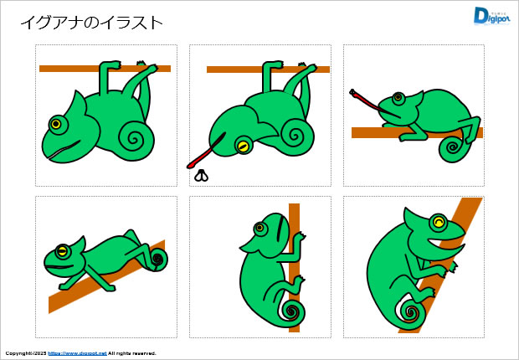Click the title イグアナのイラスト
[x=91, y=23]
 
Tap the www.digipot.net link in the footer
[x=77, y=353]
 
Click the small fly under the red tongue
[x=202, y=175]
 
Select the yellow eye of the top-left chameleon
[x=56, y=124]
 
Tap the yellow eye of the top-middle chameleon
[x=243, y=146]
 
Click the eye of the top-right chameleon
[x=398, y=99]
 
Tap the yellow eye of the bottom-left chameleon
[x=62, y=250]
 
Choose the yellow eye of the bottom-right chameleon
[x=438, y=222]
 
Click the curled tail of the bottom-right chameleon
[x=412, y=313]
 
